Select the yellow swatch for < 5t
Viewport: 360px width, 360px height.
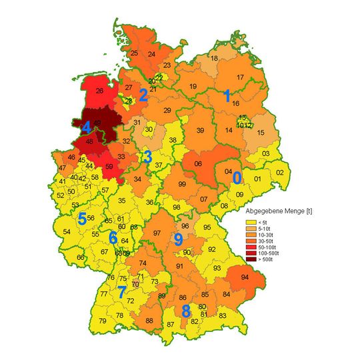click(x=251, y=222)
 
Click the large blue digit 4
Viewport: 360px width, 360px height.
click(x=86, y=127)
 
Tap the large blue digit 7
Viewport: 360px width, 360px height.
click(x=121, y=291)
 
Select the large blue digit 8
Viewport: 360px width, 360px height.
click(x=186, y=310)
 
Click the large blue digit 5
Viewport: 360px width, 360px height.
click(x=81, y=218)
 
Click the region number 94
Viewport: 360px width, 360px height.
click(x=245, y=277)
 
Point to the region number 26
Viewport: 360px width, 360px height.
click(x=99, y=91)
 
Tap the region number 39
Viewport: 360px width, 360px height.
click(x=199, y=131)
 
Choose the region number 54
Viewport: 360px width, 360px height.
click(x=67, y=231)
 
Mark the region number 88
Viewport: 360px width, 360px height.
click(x=149, y=321)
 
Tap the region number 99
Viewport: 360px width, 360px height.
click(x=182, y=184)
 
